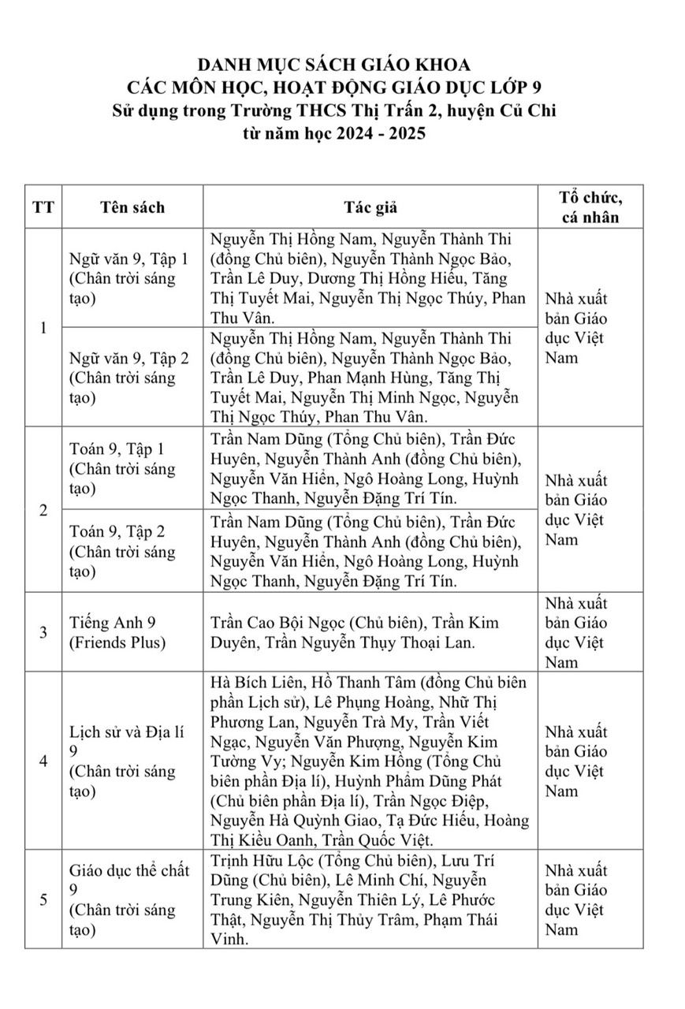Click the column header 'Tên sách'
point(132,207)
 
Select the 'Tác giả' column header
point(370,207)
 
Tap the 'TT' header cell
point(43,207)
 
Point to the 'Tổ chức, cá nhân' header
point(590,207)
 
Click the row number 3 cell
point(43,632)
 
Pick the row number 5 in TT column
point(43,899)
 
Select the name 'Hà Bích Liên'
point(252,682)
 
